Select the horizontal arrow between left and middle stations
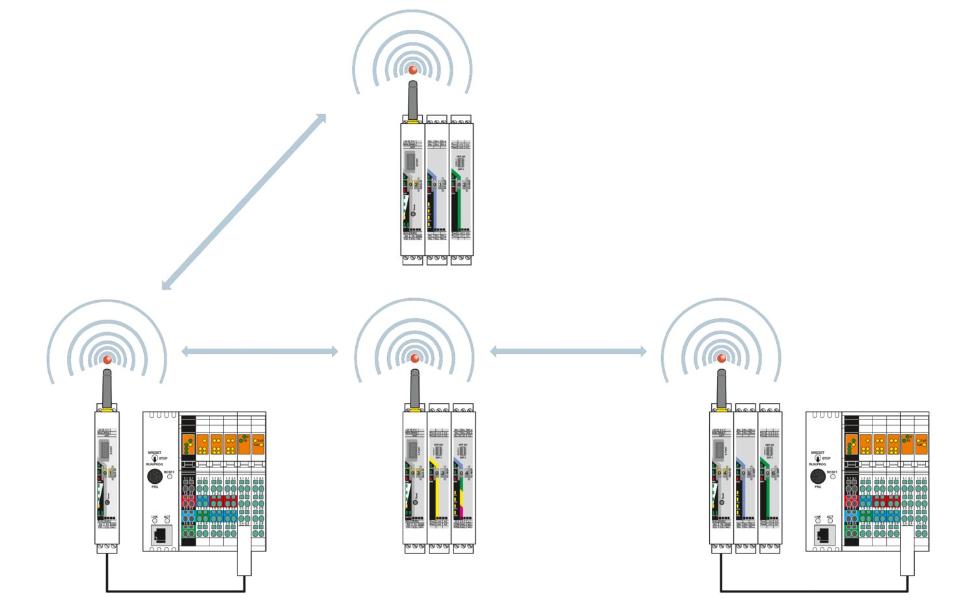[260, 352]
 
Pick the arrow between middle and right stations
[567, 352]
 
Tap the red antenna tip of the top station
[413, 70]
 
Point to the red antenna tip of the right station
[721, 359]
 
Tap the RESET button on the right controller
[832, 477]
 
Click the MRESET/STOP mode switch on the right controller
[818, 458]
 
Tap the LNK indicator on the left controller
[155, 522]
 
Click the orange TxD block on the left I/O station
[258, 443]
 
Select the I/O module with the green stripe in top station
[461, 189]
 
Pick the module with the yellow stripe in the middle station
[439, 482]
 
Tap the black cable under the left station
[176, 591]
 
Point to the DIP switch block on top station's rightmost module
[461, 161]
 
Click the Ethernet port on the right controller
[824, 535]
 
